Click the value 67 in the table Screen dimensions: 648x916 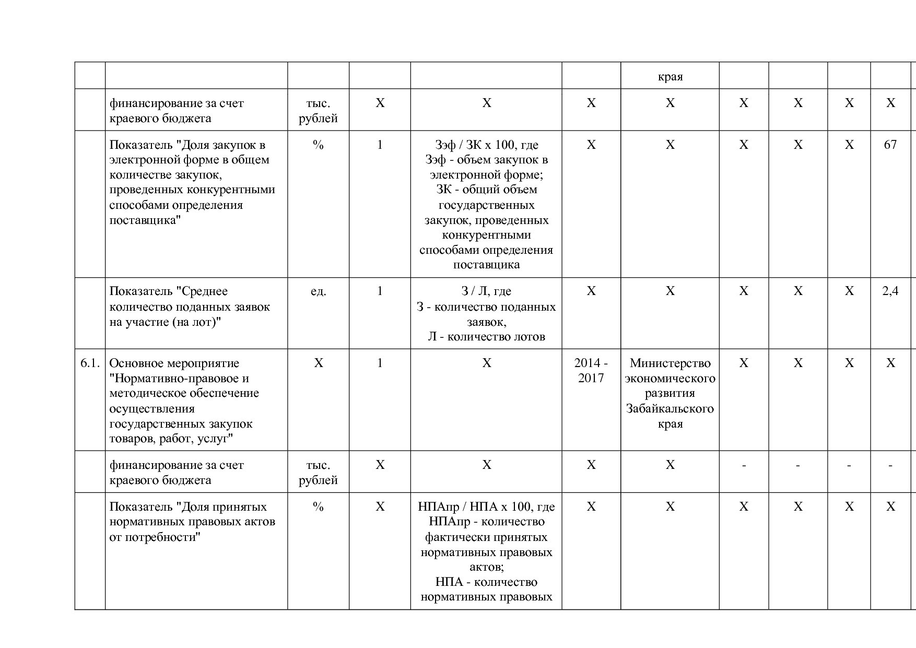pos(890,145)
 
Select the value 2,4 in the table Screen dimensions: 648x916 pos(890,291)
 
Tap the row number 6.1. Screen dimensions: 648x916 pos(90,363)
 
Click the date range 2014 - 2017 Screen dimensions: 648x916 pos(591,370)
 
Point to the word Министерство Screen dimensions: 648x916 pos(670,363)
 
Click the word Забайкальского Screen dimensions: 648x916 pos(670,408)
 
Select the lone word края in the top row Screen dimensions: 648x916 pos(670,77)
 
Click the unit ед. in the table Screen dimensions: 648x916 pos(318,291)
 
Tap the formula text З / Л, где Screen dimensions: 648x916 pos(486,291)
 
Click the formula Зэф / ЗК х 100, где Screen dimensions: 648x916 pos(486,145)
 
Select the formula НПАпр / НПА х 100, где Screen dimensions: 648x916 pos(486,506)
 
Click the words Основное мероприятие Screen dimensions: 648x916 pos(174,363)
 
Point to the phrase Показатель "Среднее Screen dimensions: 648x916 pos(168,291)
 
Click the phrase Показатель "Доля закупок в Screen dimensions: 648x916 pos(187,145)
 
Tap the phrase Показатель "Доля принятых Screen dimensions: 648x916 pos(188,506)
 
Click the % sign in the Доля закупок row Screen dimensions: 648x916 pos(318,145)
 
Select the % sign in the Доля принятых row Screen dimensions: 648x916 pos(318,506)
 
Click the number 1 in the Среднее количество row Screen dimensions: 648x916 pos(380,291)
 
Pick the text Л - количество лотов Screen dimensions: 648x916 pos(486,337)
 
